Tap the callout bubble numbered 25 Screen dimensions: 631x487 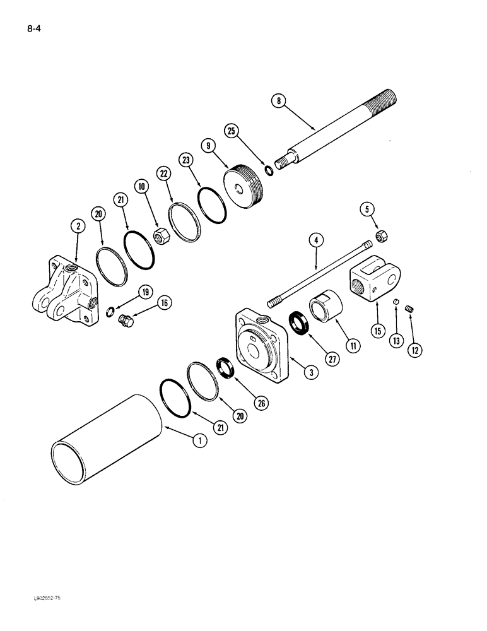[x=232, y=131]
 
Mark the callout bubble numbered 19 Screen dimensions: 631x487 [x=145, y=292]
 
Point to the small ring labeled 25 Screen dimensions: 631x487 [x=269, y=170]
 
